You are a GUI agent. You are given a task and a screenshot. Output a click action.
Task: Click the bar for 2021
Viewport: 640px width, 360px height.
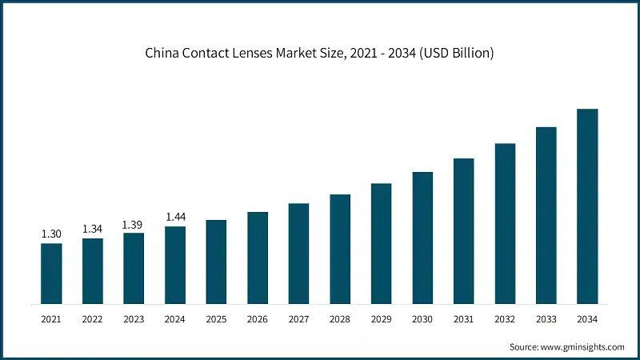tap(51, 274)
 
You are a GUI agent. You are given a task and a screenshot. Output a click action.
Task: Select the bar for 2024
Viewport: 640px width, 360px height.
tap(175, 265)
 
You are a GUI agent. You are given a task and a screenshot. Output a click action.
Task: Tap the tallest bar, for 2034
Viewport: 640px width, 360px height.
tap(587, 206)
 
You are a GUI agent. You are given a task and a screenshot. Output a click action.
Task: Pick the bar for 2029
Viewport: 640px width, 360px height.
tap(381, 243)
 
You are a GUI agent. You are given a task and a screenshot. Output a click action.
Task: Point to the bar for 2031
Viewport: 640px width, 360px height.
tap(463, 231)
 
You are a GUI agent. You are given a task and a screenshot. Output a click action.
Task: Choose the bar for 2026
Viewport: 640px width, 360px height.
tap(258, 258)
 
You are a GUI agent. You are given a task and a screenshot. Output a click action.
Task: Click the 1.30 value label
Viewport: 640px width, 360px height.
tap(51, 234)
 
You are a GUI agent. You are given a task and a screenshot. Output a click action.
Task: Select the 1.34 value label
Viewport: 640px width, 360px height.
tap(93, 229)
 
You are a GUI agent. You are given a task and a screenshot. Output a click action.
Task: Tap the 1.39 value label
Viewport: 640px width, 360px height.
tap(134, 225)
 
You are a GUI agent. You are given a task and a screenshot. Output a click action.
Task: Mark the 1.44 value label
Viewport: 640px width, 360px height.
tap(175, 217)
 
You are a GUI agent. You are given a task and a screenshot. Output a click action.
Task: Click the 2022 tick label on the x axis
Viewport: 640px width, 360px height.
tap(93, 319)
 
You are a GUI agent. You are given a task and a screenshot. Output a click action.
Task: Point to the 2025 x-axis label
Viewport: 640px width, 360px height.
tap(216, 319)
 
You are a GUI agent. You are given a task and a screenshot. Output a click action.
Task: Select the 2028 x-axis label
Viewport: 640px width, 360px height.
tap(340, 319)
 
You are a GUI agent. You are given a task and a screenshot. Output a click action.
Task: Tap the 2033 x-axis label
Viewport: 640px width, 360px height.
tap(546, 319)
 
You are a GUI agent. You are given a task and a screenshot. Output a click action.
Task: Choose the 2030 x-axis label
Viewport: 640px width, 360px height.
tap(422, 319)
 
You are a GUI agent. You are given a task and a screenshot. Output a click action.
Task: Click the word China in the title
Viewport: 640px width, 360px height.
tap(162, 54)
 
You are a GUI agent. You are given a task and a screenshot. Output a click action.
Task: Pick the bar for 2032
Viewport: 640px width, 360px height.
tap(505, 224)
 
